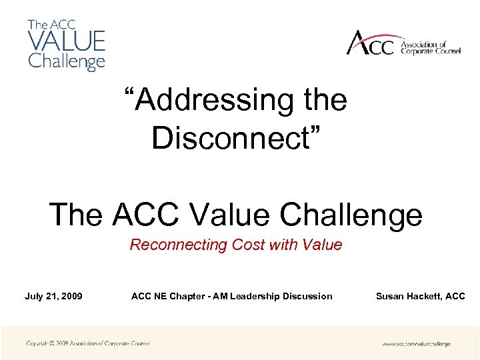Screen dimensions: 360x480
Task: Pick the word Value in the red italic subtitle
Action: pyautogui.click(x=322, y=245)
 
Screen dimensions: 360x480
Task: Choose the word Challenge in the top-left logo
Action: pyautogui.click(x=66, y=61)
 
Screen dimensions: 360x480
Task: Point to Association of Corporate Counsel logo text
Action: pyautogui.click(x=430, y=47)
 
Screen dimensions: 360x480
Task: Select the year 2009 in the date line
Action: pyautogui.click(x=70, y=296)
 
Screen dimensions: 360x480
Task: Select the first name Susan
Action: pyautogui.click(x=390, y=296)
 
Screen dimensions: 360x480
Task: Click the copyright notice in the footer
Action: pyautogui.click(x=88, y=343)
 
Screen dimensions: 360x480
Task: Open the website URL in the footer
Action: pyautogui.click(x=416, y=344)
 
